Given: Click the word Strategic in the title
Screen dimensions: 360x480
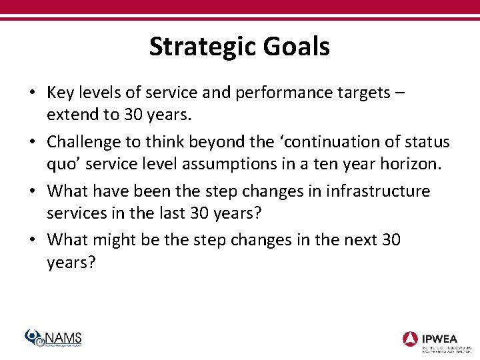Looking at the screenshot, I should [201, 47].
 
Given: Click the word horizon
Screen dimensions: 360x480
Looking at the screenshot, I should [409, 164].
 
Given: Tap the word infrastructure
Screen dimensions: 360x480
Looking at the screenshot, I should [378, 191].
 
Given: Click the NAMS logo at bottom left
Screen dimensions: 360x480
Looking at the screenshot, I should [53, 338].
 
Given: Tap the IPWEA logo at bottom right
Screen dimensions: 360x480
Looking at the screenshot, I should [436, 339].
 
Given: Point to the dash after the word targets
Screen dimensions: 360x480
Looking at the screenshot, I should [399, 93].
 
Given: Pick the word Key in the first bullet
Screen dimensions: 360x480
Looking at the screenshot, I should [61, 93].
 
